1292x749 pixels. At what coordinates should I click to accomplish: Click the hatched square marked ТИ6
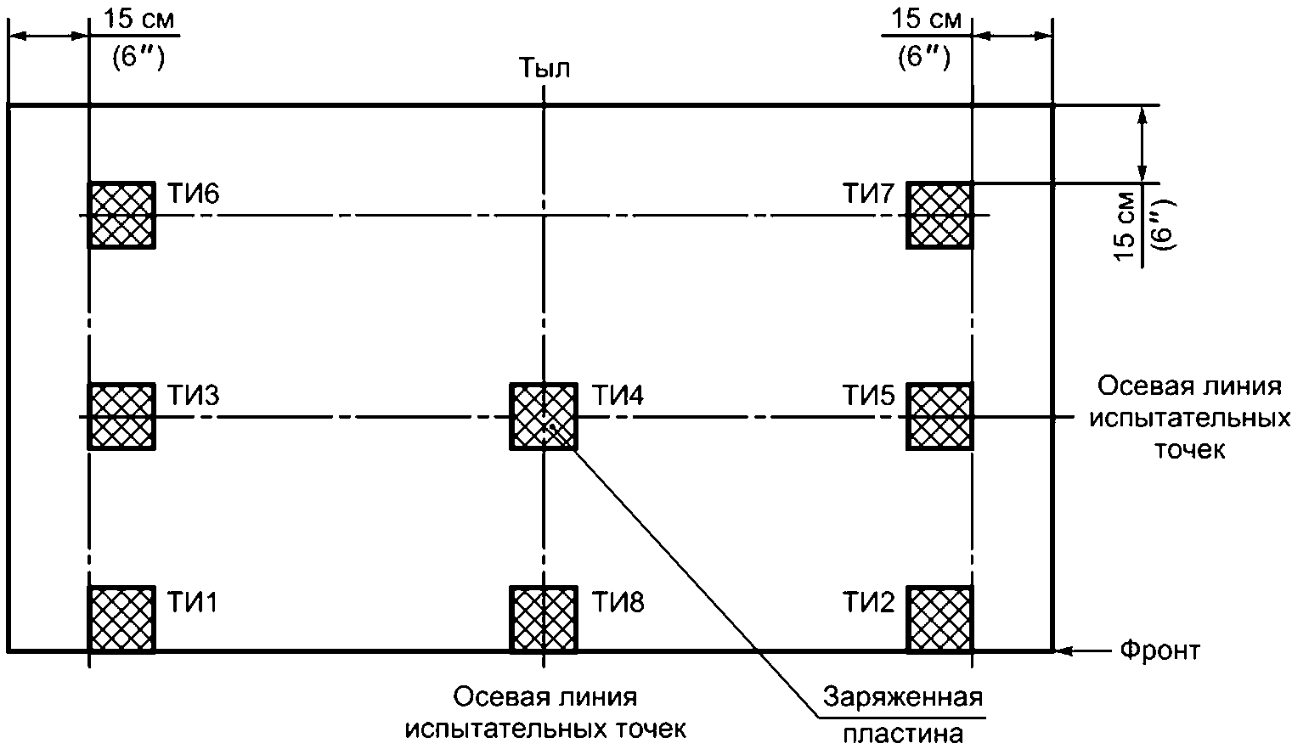tap(121, 215)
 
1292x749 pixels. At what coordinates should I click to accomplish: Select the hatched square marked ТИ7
tap(939, 215)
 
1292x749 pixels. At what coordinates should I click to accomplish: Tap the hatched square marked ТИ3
tap(121, 416)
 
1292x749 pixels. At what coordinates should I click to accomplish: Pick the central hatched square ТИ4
tap(543, 416)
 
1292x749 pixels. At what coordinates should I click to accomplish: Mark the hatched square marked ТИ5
tap(939, 416)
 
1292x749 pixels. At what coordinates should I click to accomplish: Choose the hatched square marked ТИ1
tap(121, 618)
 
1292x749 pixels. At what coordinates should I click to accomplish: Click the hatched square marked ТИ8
tap(543, 618)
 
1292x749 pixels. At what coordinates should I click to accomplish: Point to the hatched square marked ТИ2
tap(939, 618)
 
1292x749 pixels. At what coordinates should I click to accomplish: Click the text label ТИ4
tap(618, 396)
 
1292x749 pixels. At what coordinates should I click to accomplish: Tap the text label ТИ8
tap(618, 602)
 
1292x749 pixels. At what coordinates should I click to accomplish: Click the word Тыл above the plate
tap(544, 69)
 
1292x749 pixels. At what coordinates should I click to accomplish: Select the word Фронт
tap(1159, 651)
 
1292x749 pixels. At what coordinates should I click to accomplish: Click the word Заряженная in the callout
tap(903, 698)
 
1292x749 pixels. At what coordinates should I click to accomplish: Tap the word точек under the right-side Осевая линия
tap(1188, 449)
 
